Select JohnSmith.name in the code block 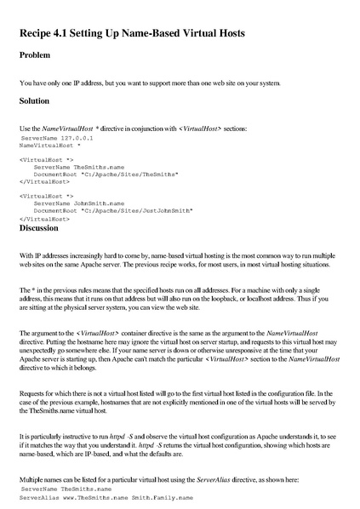pos(99,203)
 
